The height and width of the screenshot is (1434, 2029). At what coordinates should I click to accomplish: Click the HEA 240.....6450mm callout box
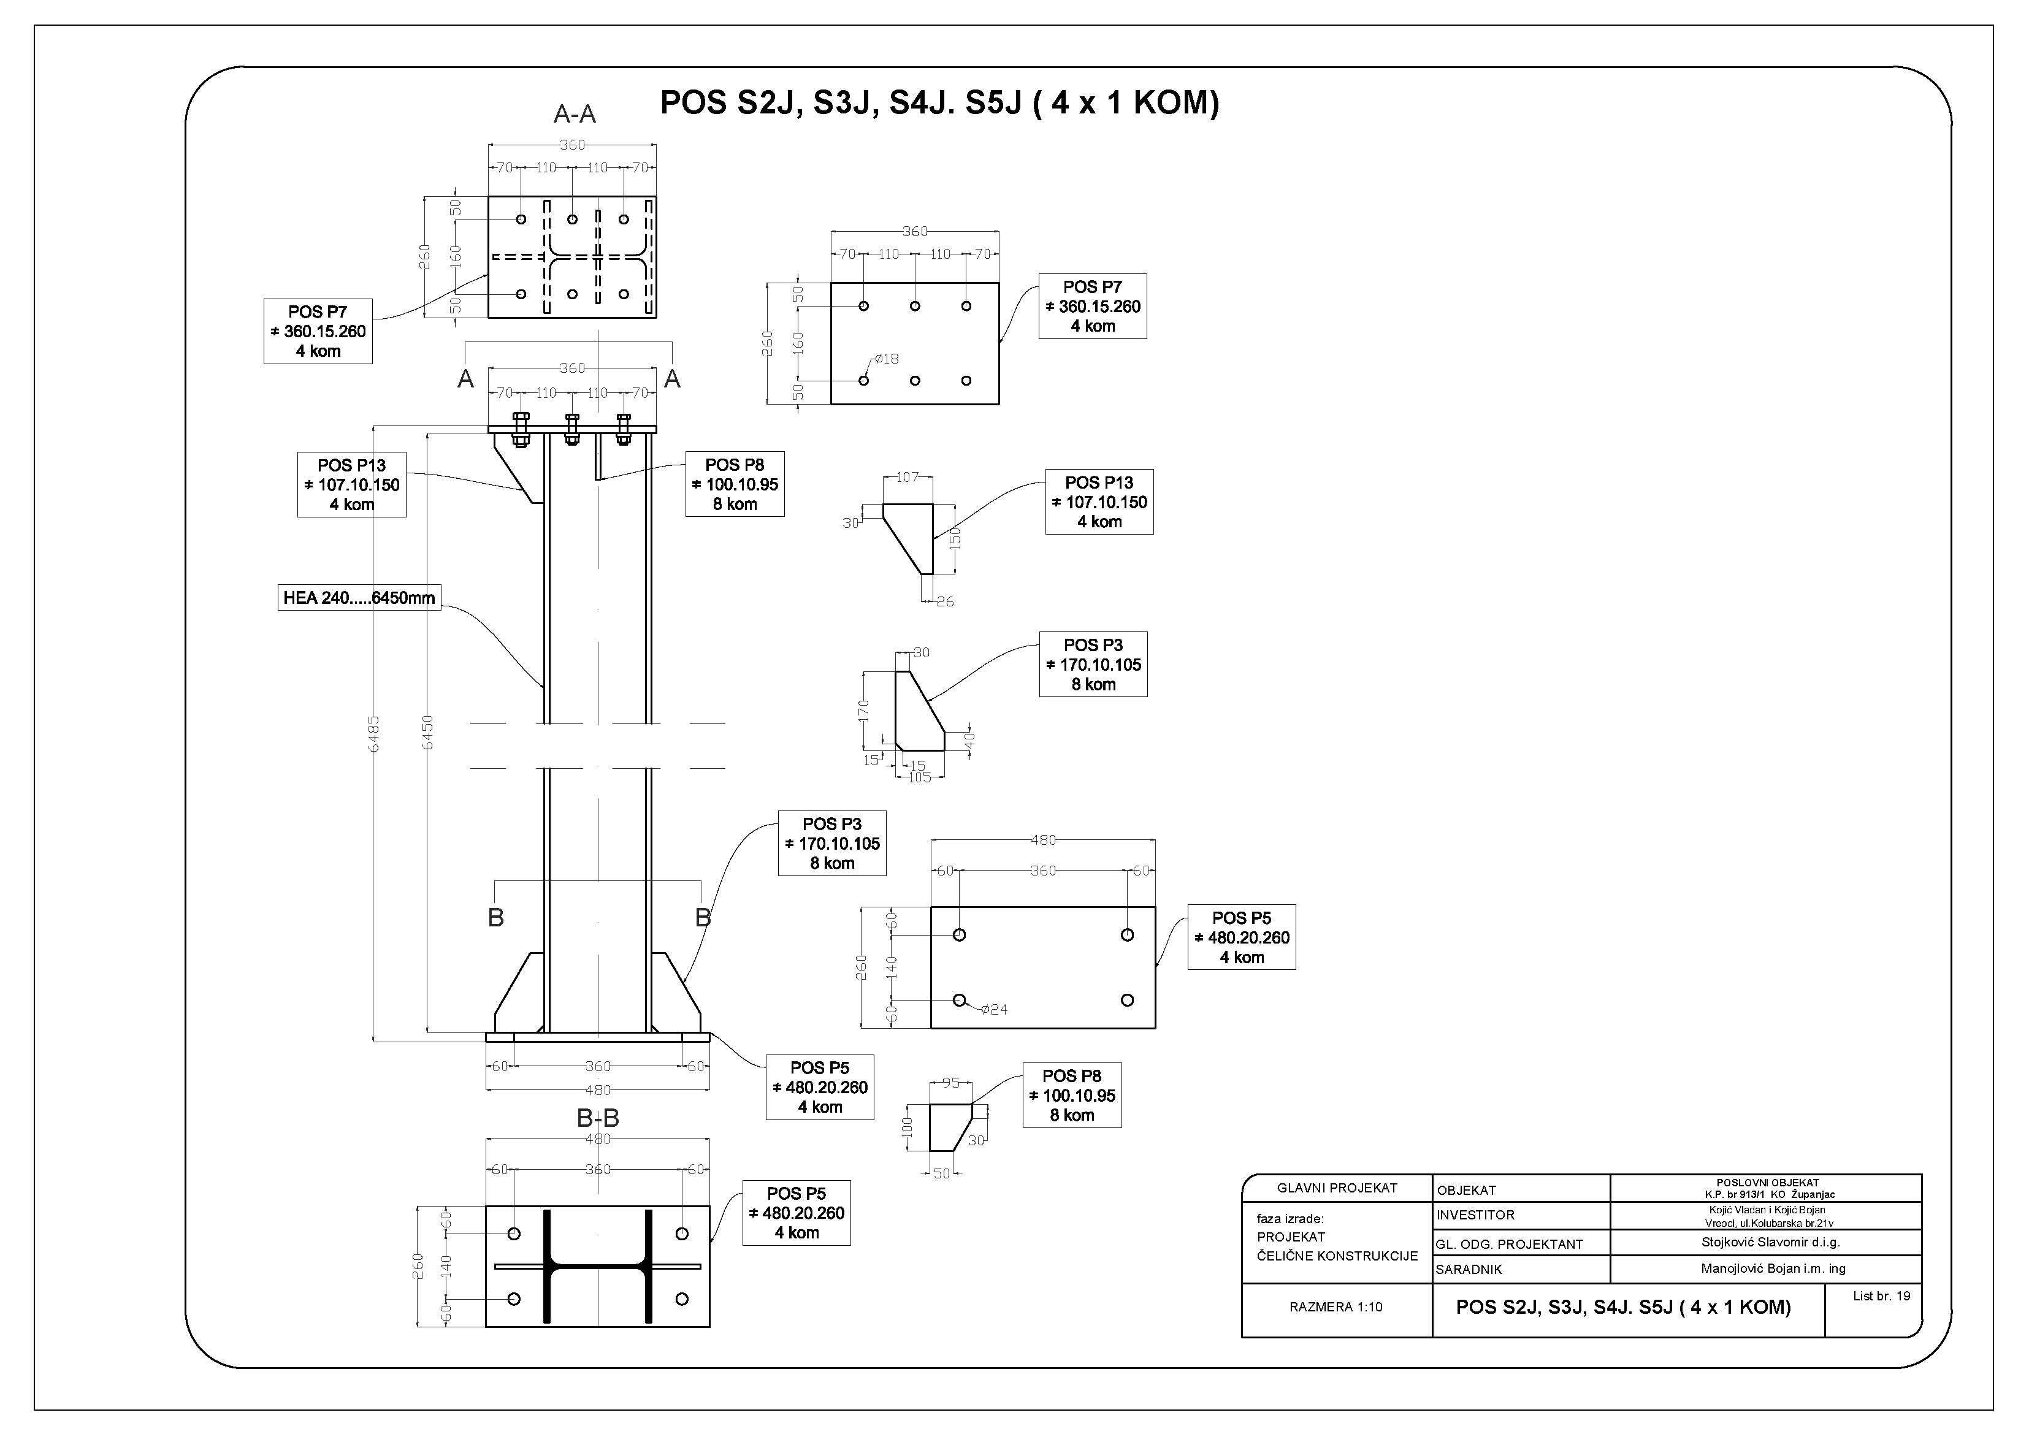pos(359,598)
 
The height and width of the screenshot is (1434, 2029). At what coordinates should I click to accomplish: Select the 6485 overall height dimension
pos(374,733)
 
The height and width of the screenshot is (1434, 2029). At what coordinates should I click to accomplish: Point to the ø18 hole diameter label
pos(887,359)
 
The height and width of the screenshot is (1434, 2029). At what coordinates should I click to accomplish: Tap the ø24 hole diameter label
pos(994,1009)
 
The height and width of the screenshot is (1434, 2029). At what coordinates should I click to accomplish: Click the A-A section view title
pos(575,114)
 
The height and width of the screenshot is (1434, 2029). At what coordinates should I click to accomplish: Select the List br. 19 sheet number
pos(1881,1296)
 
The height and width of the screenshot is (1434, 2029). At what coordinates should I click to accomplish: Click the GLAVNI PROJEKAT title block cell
pos(1337,1188)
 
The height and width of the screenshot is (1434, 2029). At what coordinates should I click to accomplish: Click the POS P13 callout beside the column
pos(352,485)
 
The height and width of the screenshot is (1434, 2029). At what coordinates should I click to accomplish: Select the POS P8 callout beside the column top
pos(735,484)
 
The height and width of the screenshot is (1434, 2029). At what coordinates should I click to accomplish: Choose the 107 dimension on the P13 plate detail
pos(908,477)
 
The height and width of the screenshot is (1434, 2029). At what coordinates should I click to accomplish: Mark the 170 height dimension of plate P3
pos(863,711)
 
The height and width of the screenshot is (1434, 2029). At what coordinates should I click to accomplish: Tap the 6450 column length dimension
pos(428,733)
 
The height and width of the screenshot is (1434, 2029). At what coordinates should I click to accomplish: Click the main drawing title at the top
pos(939,104)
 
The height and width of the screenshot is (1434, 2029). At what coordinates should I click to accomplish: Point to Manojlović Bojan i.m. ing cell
pos(1773,1269)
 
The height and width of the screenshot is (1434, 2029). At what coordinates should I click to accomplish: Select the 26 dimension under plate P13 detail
pos(945,601)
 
